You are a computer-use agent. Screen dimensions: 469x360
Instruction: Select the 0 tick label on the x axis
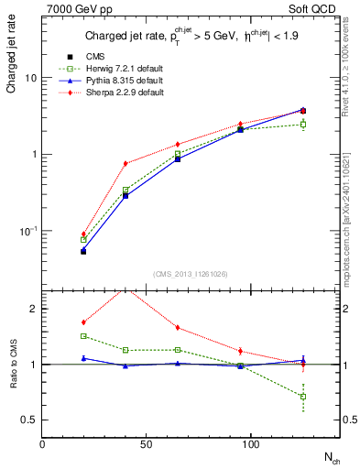tap(42, 442)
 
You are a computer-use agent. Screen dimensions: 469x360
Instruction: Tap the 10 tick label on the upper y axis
tap(30, 79)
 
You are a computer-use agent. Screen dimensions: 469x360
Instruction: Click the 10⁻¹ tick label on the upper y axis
tap(28, 230)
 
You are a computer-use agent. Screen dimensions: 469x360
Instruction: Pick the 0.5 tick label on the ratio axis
tap(28, 420)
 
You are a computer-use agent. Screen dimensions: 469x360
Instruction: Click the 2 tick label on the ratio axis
tap(33, 310)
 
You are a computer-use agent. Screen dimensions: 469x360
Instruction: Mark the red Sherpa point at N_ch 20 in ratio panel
tap(83, 322)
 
